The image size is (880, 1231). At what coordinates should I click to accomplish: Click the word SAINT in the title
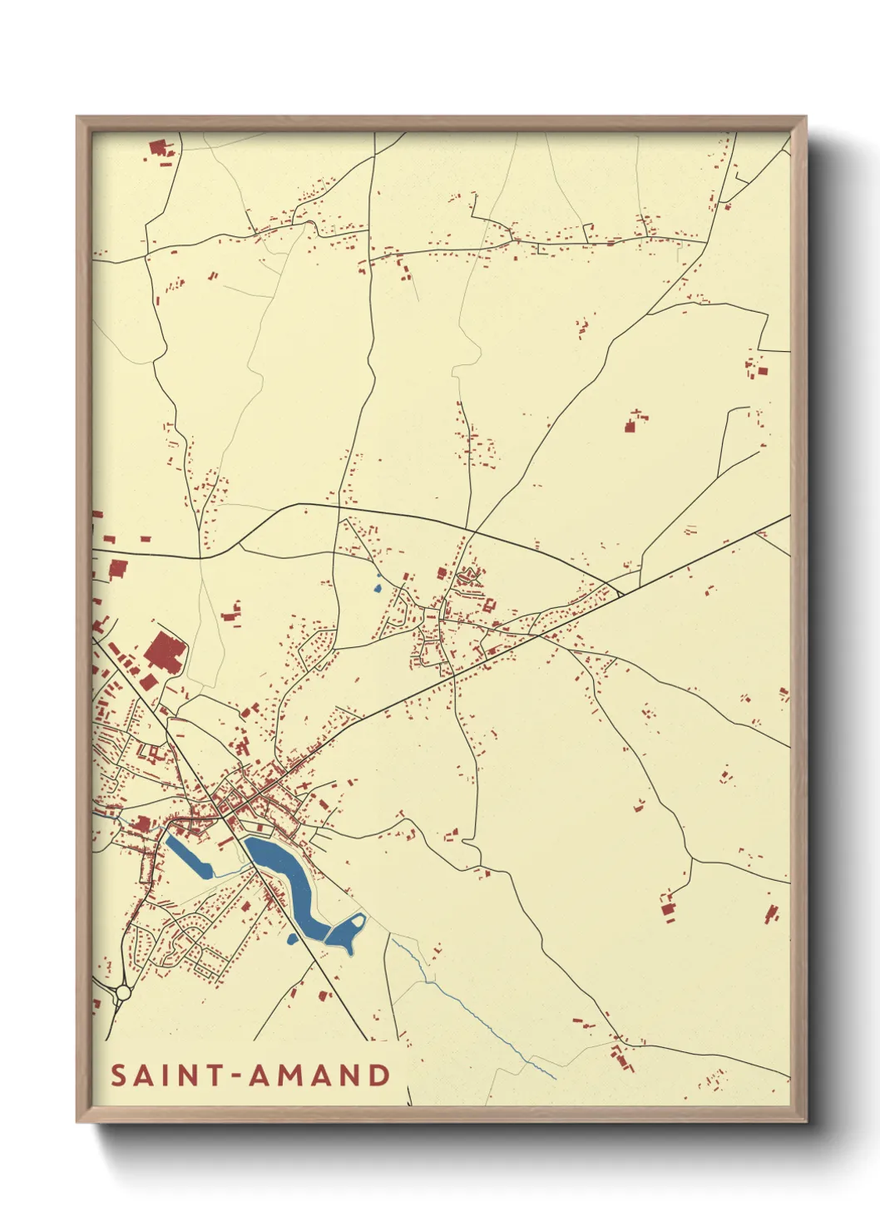coord(166,1075)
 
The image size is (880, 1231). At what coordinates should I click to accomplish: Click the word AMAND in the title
coord(320,1075)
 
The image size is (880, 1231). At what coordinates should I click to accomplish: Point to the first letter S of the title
coord(118,1075)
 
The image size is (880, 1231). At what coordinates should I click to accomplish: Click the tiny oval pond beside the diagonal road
coord(292,939)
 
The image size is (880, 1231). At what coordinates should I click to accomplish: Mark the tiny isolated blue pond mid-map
coord(377,588)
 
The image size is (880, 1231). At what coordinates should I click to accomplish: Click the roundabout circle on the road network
coord(124,992)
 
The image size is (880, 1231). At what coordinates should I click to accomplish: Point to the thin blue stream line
coord(482,1023)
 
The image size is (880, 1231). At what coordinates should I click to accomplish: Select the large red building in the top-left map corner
coord(158,149)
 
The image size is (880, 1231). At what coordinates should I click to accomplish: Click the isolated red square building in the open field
coord(630,427)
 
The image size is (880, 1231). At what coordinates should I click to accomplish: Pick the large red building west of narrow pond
coord(142,824)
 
